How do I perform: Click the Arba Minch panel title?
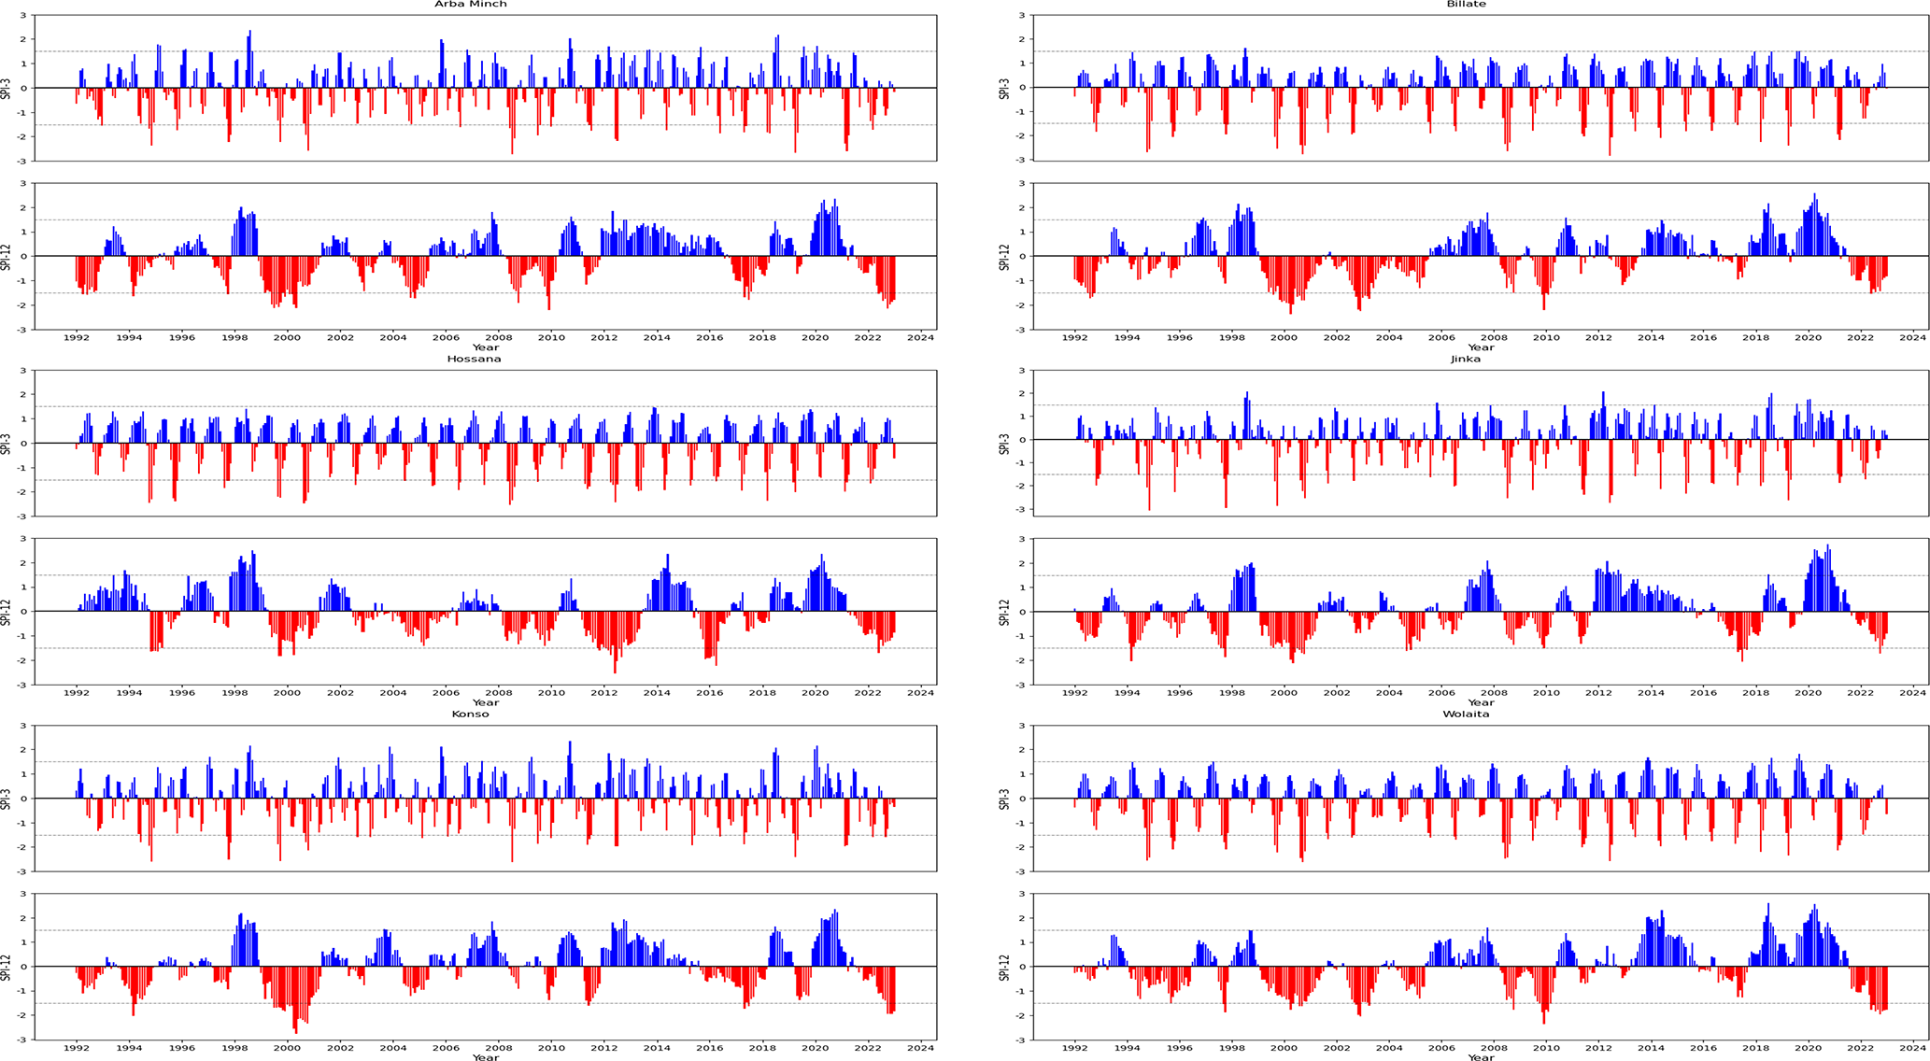point(471,5)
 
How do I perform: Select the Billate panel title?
point(1466,5)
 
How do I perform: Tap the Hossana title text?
point(474,359)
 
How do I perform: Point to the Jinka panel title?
point(1466,359)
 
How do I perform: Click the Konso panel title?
point(471,714)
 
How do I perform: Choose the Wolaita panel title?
point(1466,714)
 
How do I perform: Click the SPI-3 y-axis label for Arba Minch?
point(7,88)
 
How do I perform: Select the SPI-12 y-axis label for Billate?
point(1004,257)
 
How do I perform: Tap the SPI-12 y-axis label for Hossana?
point(7,612)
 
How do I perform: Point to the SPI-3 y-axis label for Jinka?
point(1004,444)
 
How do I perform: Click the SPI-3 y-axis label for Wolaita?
point(1004,799)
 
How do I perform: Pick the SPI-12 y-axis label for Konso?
point(7,967)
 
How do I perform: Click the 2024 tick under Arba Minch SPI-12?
point(921,338)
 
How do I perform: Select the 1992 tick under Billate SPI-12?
point(1075,338)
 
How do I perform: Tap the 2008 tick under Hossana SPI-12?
point(499,693)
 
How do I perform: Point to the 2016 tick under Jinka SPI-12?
point(1703,693)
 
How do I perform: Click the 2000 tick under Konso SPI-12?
point(288,1048)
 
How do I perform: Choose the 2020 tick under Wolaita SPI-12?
point(1808,1048)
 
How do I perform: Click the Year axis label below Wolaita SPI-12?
point(1481,1057)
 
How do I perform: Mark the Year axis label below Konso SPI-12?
point(485,1057)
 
